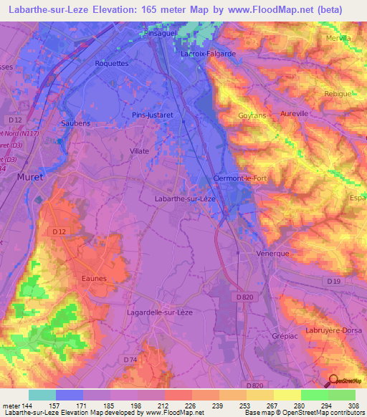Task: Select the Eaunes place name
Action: (94, 279)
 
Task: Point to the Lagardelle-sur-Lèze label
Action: (158, 312)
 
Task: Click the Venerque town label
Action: (273, 253)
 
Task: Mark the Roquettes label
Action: (111, 63)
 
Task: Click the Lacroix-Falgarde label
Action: (208, 53)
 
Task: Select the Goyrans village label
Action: (252, 115)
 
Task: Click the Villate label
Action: (139, 151)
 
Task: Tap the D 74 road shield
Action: (130, 359)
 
